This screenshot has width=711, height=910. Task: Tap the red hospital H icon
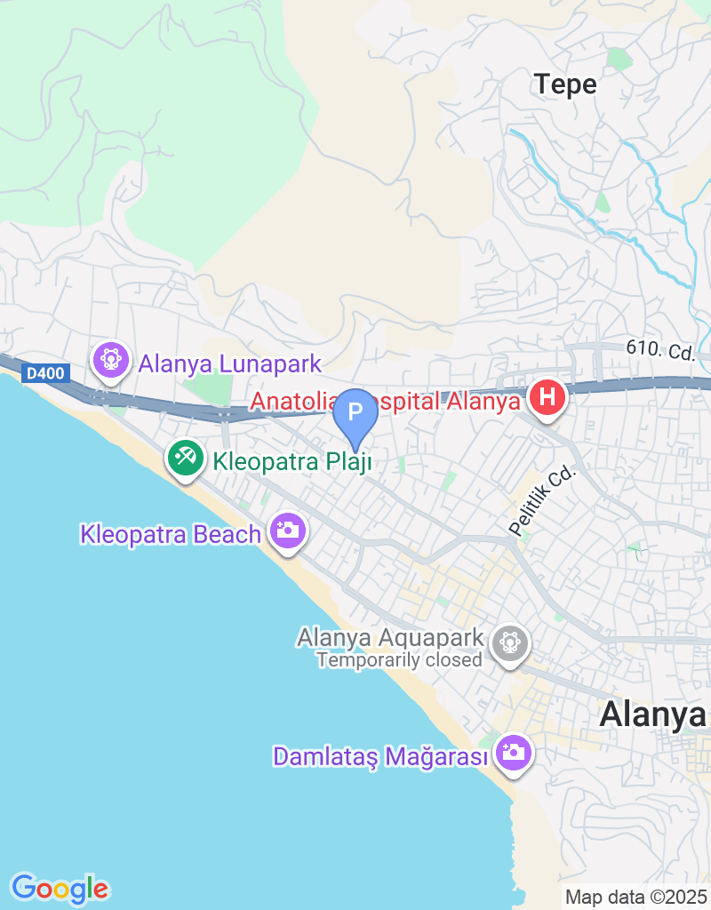547,397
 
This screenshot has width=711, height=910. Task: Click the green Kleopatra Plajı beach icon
186,459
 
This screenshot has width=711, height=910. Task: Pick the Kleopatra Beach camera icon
287,531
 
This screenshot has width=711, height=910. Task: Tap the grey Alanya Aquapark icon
510,641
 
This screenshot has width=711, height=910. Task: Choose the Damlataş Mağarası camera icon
513,754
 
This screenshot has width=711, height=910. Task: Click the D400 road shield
44,373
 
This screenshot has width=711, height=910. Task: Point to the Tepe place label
565,84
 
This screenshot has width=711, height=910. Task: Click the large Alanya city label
653,714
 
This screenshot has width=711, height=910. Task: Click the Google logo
60,888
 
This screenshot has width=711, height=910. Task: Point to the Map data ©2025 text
635,898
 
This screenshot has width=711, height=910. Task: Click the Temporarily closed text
399,659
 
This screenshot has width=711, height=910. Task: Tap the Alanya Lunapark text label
229,363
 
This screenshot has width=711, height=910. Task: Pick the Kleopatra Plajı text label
292,461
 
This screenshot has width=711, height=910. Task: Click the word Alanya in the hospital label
484,402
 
